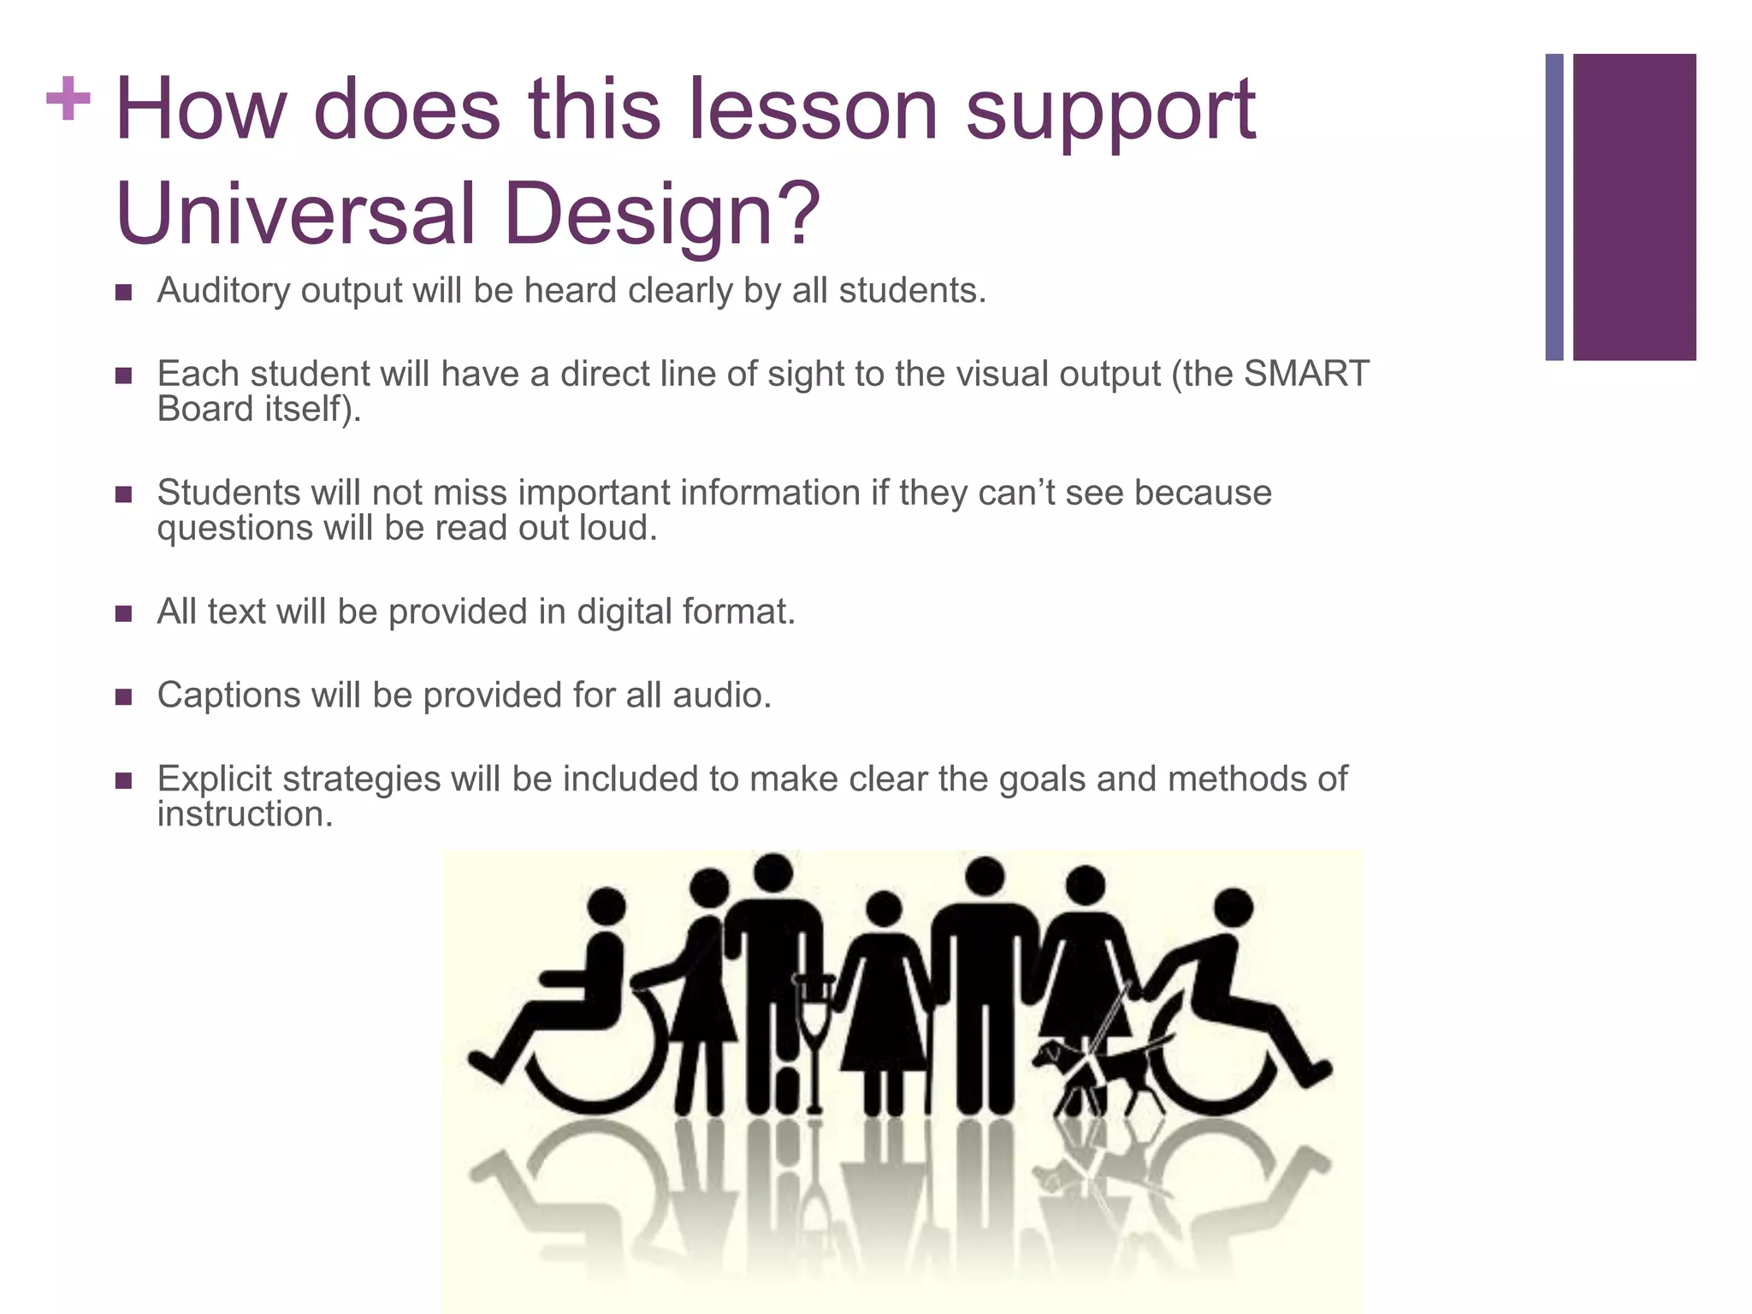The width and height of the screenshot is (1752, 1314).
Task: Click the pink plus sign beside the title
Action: click(68, 100)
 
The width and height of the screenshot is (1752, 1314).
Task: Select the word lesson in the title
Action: click(814, 109)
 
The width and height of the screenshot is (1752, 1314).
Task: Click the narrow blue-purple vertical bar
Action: click(1554, 207)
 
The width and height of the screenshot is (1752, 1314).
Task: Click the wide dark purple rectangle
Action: click(1634, 207)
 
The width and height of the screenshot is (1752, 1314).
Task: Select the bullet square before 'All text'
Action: click(124, 613)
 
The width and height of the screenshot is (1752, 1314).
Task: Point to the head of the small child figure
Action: click(884, 909)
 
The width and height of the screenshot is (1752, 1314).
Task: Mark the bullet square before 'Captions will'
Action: click(124, 696)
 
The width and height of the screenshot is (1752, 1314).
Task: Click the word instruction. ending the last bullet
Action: click(245, 814)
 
